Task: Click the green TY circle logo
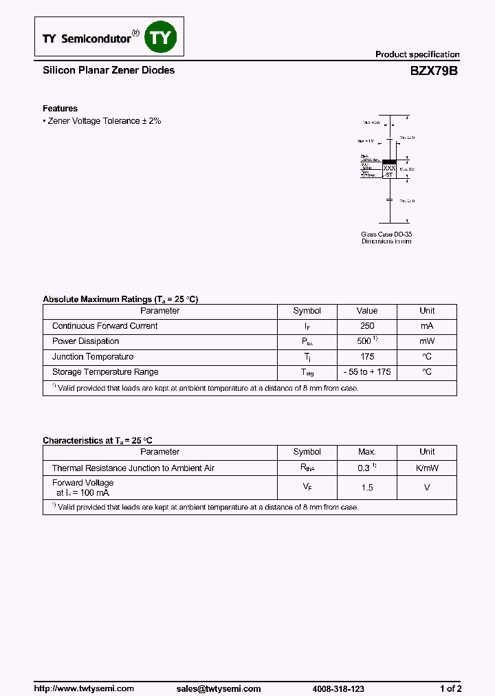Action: point(159,38)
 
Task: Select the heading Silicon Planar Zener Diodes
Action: point(109,70)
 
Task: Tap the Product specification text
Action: point(417,54)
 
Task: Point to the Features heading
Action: point(60,109)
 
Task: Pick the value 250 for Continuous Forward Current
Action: point(366,326)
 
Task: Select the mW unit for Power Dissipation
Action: point(427,341)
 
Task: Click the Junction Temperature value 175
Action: point(366,356)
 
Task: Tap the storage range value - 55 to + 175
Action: point(366,372)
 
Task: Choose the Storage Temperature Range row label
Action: point(105,372)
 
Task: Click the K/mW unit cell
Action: point(427,468)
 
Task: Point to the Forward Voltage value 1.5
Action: point(366,488)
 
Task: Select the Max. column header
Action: point(366,452)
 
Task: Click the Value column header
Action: point(366,311)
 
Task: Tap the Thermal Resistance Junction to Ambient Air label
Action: point(133,468)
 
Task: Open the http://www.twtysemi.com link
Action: point(84,688)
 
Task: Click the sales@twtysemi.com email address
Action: point(218,688)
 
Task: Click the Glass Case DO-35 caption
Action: point(386,235)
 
